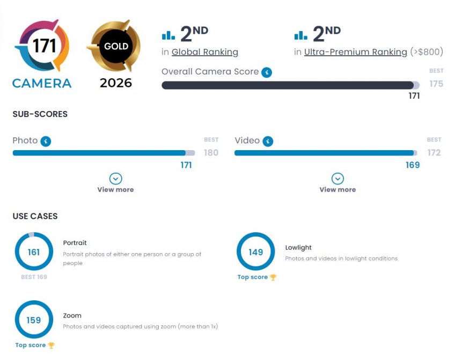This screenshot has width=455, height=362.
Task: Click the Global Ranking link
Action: click(204, 52)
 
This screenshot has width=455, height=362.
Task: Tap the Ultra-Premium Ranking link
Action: click(355, 52)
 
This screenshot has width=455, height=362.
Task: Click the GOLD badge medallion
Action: click(116, 47)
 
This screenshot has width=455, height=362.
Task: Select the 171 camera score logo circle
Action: click(42, 47)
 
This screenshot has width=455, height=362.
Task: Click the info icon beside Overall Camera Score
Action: click(267, 72)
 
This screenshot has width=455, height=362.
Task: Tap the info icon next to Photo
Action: click(46, 141)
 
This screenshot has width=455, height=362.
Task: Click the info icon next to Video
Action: click(267, 141)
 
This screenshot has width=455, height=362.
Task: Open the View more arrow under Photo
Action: click(115, 179)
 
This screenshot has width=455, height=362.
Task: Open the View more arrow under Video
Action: click(337, 179)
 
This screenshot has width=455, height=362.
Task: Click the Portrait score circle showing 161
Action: click(34, 252)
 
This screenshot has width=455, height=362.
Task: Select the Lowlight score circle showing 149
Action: click(256, 252)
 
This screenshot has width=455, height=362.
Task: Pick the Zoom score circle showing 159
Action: click(34, 320)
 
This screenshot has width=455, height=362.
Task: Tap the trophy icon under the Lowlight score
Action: click(273, 277)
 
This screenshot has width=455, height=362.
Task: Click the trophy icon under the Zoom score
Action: click(52, 345)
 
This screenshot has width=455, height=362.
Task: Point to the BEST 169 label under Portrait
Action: click(34, 277)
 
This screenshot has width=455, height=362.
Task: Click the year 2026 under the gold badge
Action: click(116, 83)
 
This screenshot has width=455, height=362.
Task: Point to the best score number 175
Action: click(436, 84)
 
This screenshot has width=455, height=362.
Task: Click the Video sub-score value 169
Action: click(413, 165)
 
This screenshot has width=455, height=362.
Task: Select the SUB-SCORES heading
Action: click(40, 114)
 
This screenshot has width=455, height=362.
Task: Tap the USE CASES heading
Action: click(35, 216)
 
